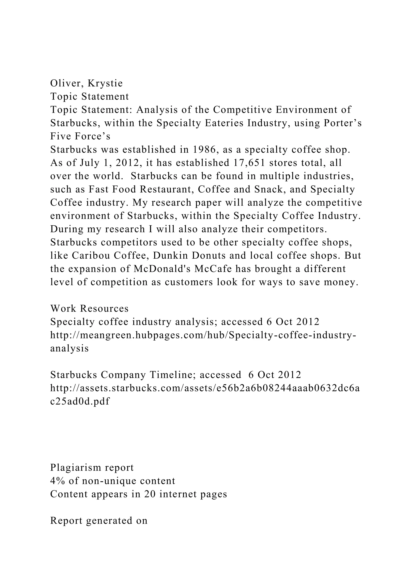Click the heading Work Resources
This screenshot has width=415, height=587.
tap(89, 308)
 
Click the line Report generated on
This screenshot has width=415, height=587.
tap(99, 521)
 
